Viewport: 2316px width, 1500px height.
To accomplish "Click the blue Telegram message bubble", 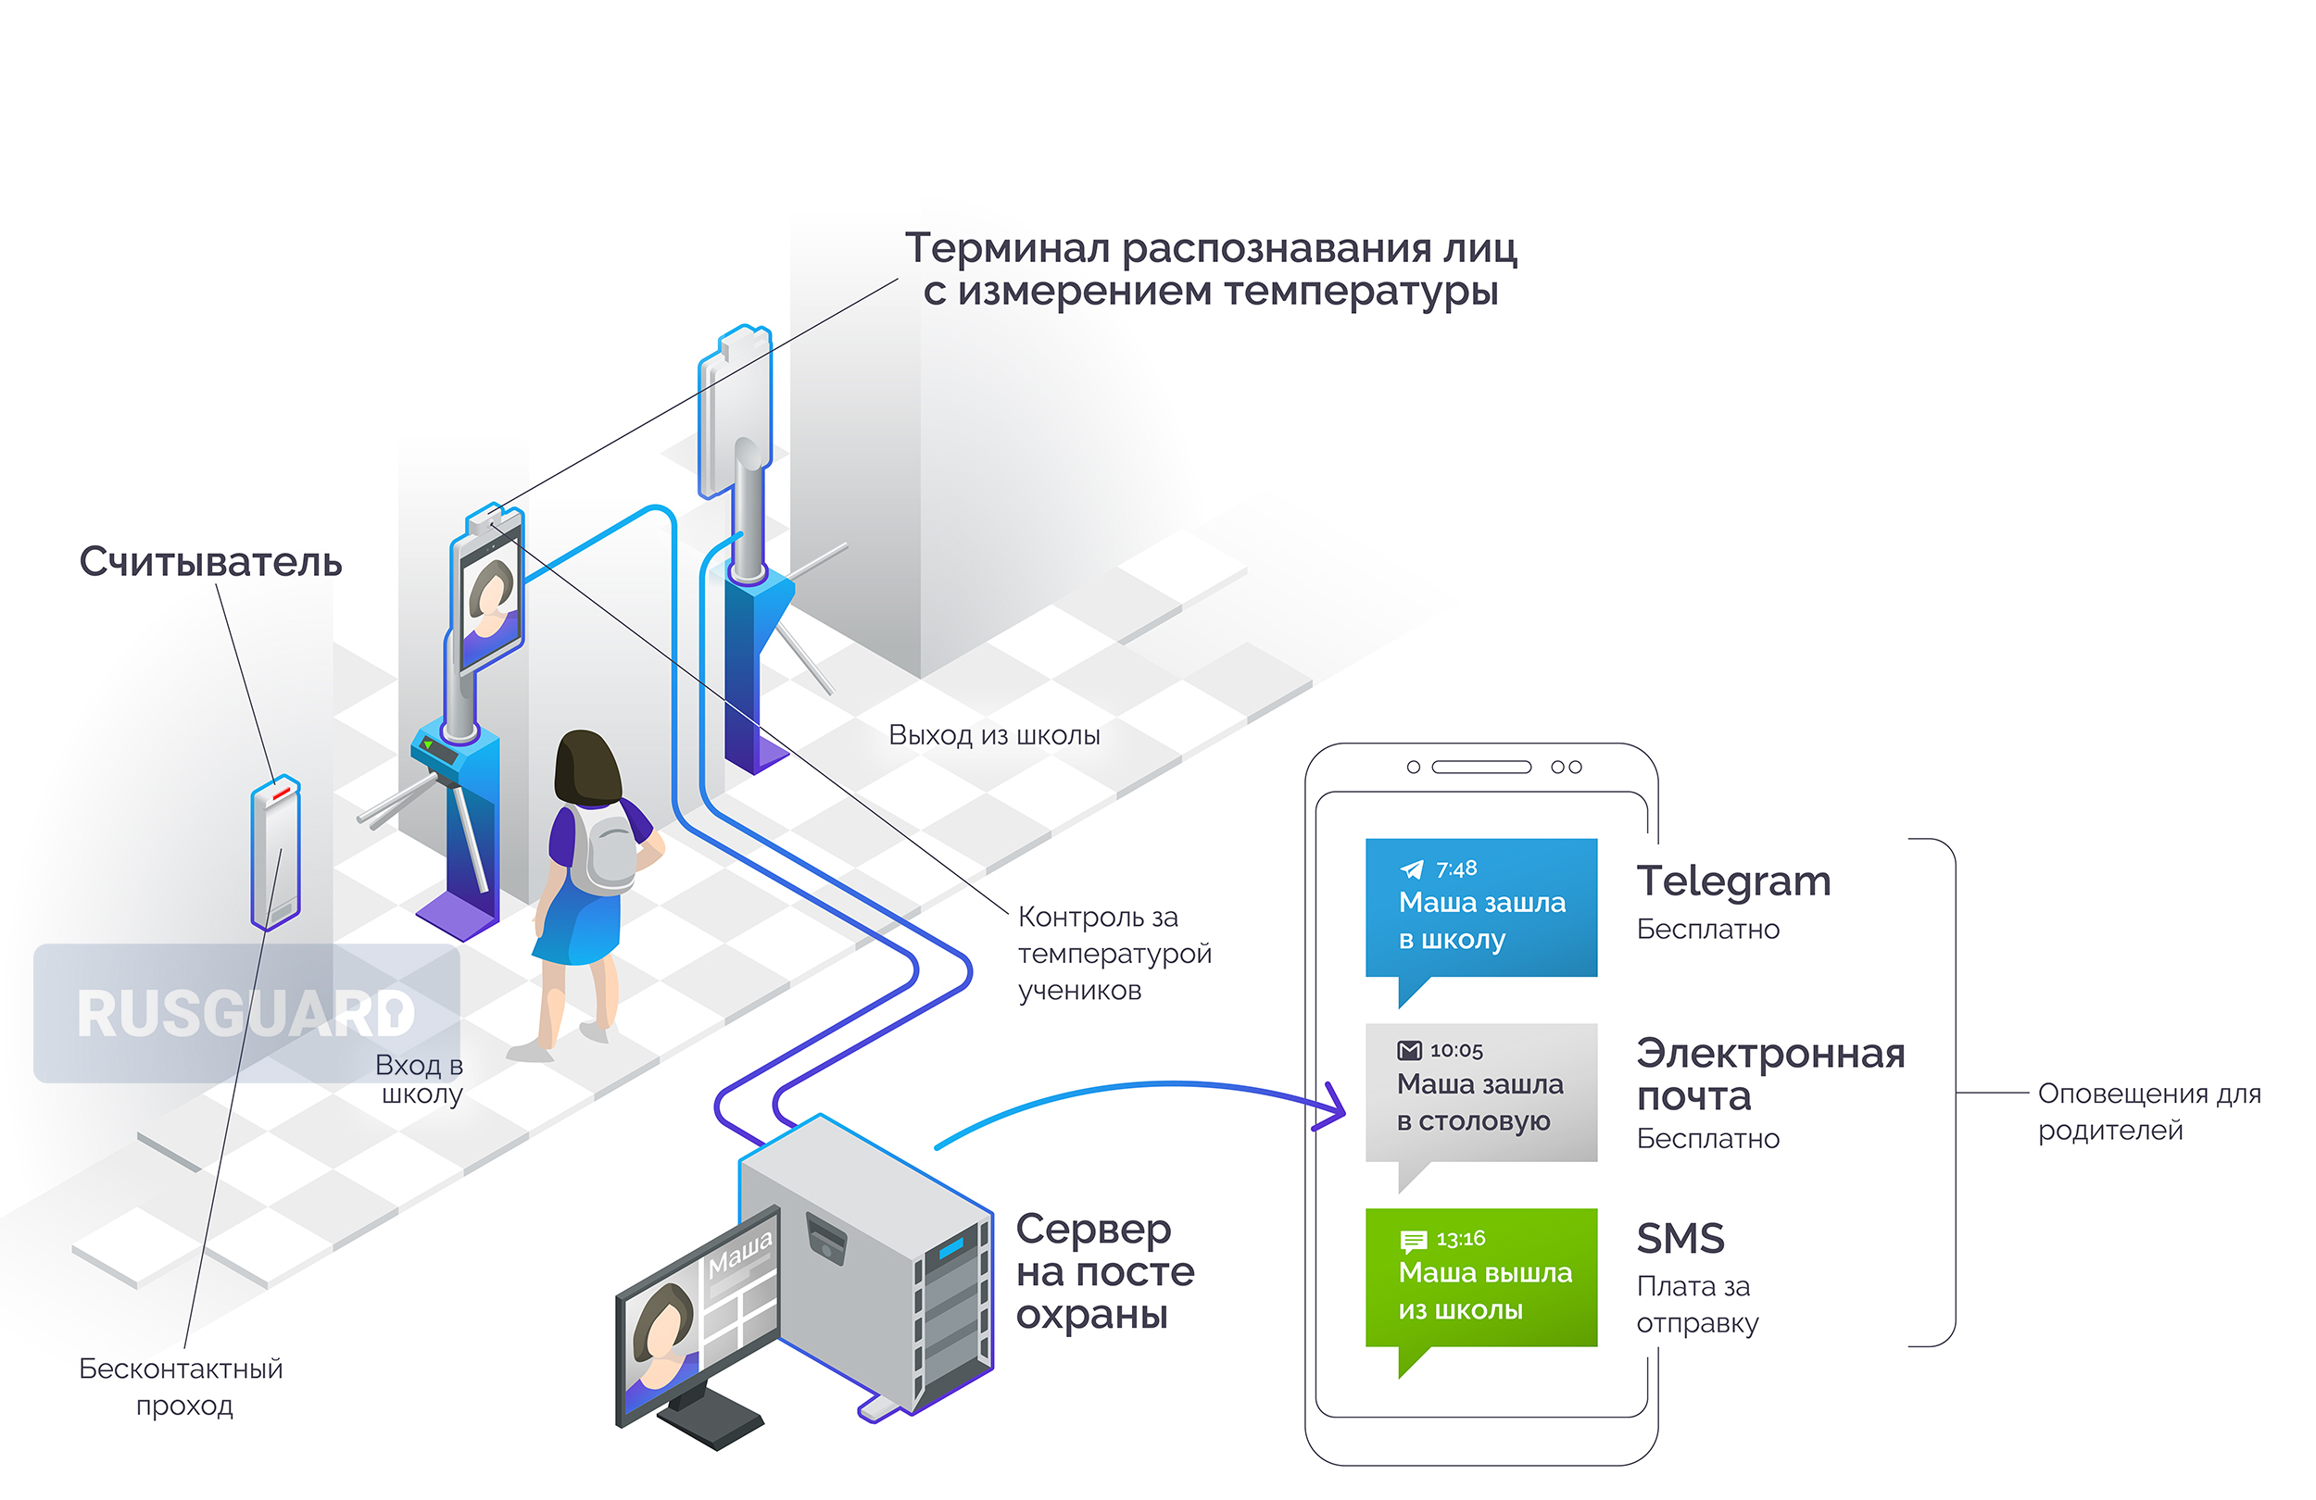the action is tap(1480, 909).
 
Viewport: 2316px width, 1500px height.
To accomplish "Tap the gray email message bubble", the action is tap(1480, 1094).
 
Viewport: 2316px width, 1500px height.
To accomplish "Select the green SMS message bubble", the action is tap(1480, 1280).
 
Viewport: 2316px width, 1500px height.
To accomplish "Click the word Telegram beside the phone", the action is tap(1733, 882).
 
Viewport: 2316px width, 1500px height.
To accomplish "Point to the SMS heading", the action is tap(1680, 1238).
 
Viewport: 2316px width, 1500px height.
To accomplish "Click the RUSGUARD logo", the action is tap(246, 1014).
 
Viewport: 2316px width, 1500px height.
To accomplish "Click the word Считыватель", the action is tap(210, 562).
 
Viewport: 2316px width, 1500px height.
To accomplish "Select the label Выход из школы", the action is tap(995, 734).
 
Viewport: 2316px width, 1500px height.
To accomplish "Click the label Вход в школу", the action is tap(421, 1079).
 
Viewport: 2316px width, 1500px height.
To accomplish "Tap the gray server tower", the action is tap(866, 1265).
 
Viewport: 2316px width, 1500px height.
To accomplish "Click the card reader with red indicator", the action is tap(276, 852).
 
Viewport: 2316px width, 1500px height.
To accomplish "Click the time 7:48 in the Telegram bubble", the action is tap(1455, 869).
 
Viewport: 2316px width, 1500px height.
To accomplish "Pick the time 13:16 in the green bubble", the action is tap(1461, 1238).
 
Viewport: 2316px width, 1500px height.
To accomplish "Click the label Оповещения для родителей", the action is tap(2148, 1112).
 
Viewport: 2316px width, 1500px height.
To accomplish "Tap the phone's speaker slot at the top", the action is tap(1481, 767).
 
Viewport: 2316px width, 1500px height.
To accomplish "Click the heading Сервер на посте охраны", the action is tap(1104, 1271).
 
